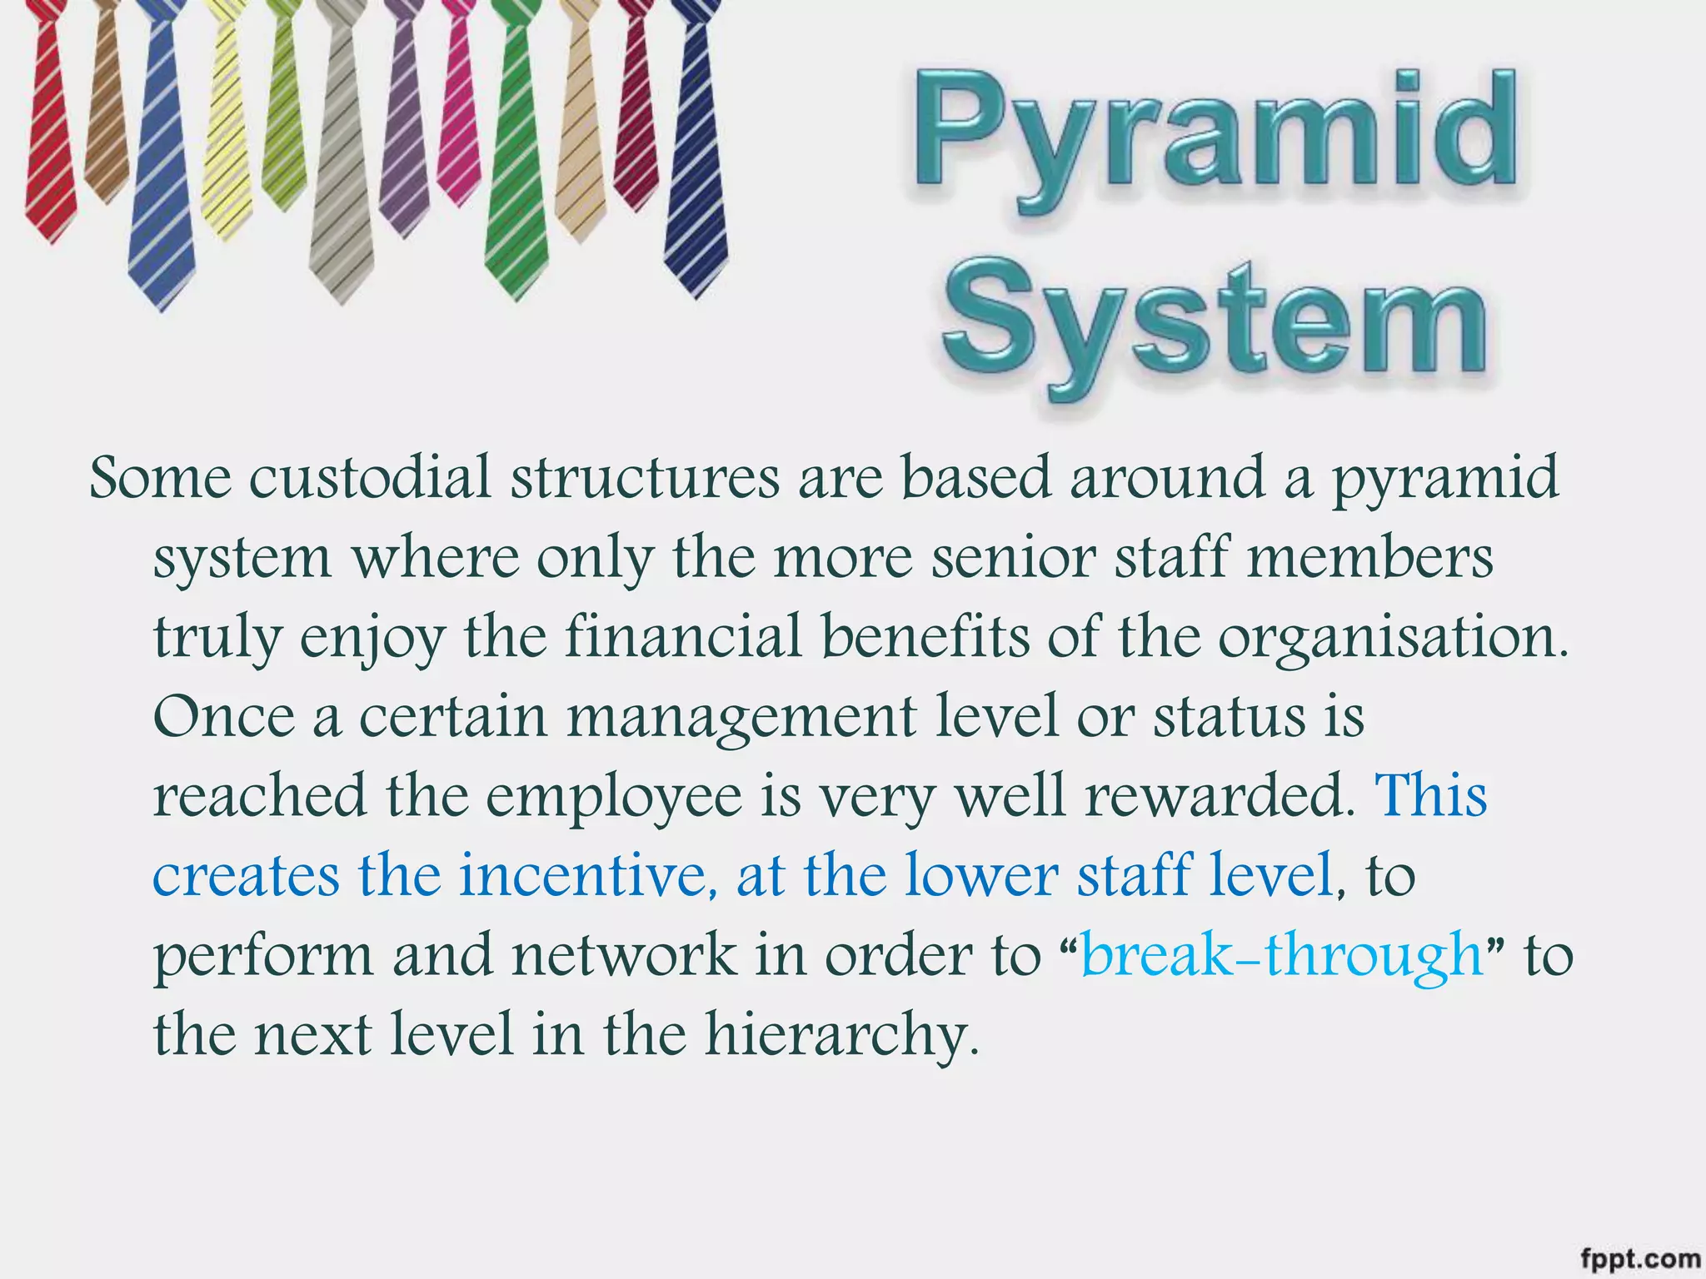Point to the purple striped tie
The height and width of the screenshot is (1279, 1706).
(x=402, y=125)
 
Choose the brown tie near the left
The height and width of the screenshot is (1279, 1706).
(x=104, y=100)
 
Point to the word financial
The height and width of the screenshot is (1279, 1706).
(x=684, y=637)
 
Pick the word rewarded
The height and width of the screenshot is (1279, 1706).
(x=1220, y=796)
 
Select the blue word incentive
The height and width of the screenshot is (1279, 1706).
(x=588, y=875)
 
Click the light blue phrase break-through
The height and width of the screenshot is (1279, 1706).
(x=1282, y=955)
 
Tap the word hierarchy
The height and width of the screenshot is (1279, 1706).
(x=841, y=1035)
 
